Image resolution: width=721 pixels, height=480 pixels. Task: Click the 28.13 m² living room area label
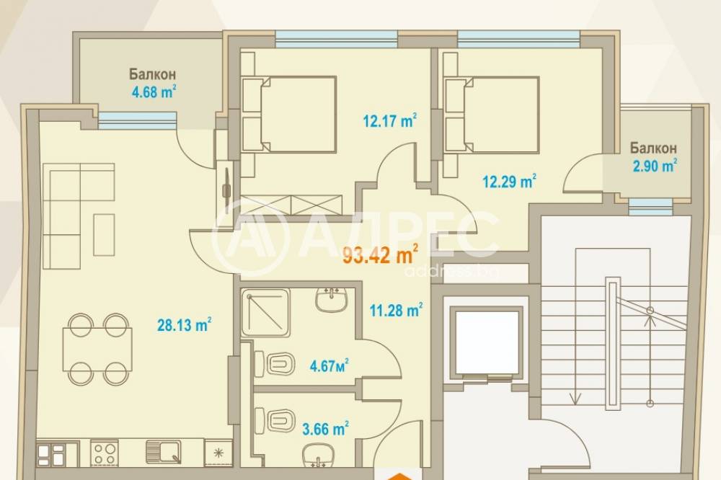tap(185, 325)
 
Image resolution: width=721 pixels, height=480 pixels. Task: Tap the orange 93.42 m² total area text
tap(381, 254)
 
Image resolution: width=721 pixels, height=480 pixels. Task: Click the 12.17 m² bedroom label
tap(390, 121)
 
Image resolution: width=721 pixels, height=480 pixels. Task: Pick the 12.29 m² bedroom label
tap(510, 182)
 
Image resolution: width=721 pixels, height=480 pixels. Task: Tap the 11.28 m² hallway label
tap(397, 311)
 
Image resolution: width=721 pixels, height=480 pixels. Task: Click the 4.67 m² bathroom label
tap(329, 366)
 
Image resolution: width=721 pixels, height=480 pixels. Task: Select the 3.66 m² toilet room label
tap(326, 429)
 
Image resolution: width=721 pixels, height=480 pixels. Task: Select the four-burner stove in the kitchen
tap(105, 453)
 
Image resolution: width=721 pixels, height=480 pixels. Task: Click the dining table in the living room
tap(97, 349)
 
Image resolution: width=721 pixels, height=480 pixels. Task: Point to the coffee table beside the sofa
tap(104, 234)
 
